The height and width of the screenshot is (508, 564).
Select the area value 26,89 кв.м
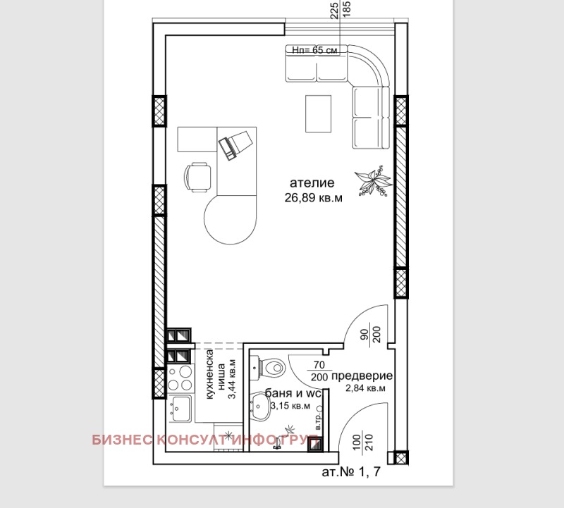(314, 198)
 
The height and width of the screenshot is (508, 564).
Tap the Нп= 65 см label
(316, 50)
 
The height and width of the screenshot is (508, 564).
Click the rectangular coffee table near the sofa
(319, 113)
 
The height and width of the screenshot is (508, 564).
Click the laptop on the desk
(233, 145)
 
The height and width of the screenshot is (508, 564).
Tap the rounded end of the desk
(228, 220)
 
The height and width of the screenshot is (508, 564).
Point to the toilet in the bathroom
(271, 366)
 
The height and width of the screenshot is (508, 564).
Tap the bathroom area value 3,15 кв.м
(289, 406)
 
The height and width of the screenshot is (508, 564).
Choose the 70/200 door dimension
(319, 371)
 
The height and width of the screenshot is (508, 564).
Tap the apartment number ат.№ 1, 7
(350, 472)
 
